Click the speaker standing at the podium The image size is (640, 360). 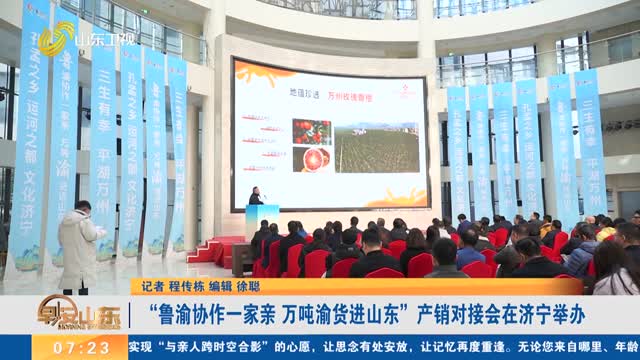[256, 197]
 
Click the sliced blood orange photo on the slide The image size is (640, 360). [312, 159]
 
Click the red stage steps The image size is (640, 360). [225, 250]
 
